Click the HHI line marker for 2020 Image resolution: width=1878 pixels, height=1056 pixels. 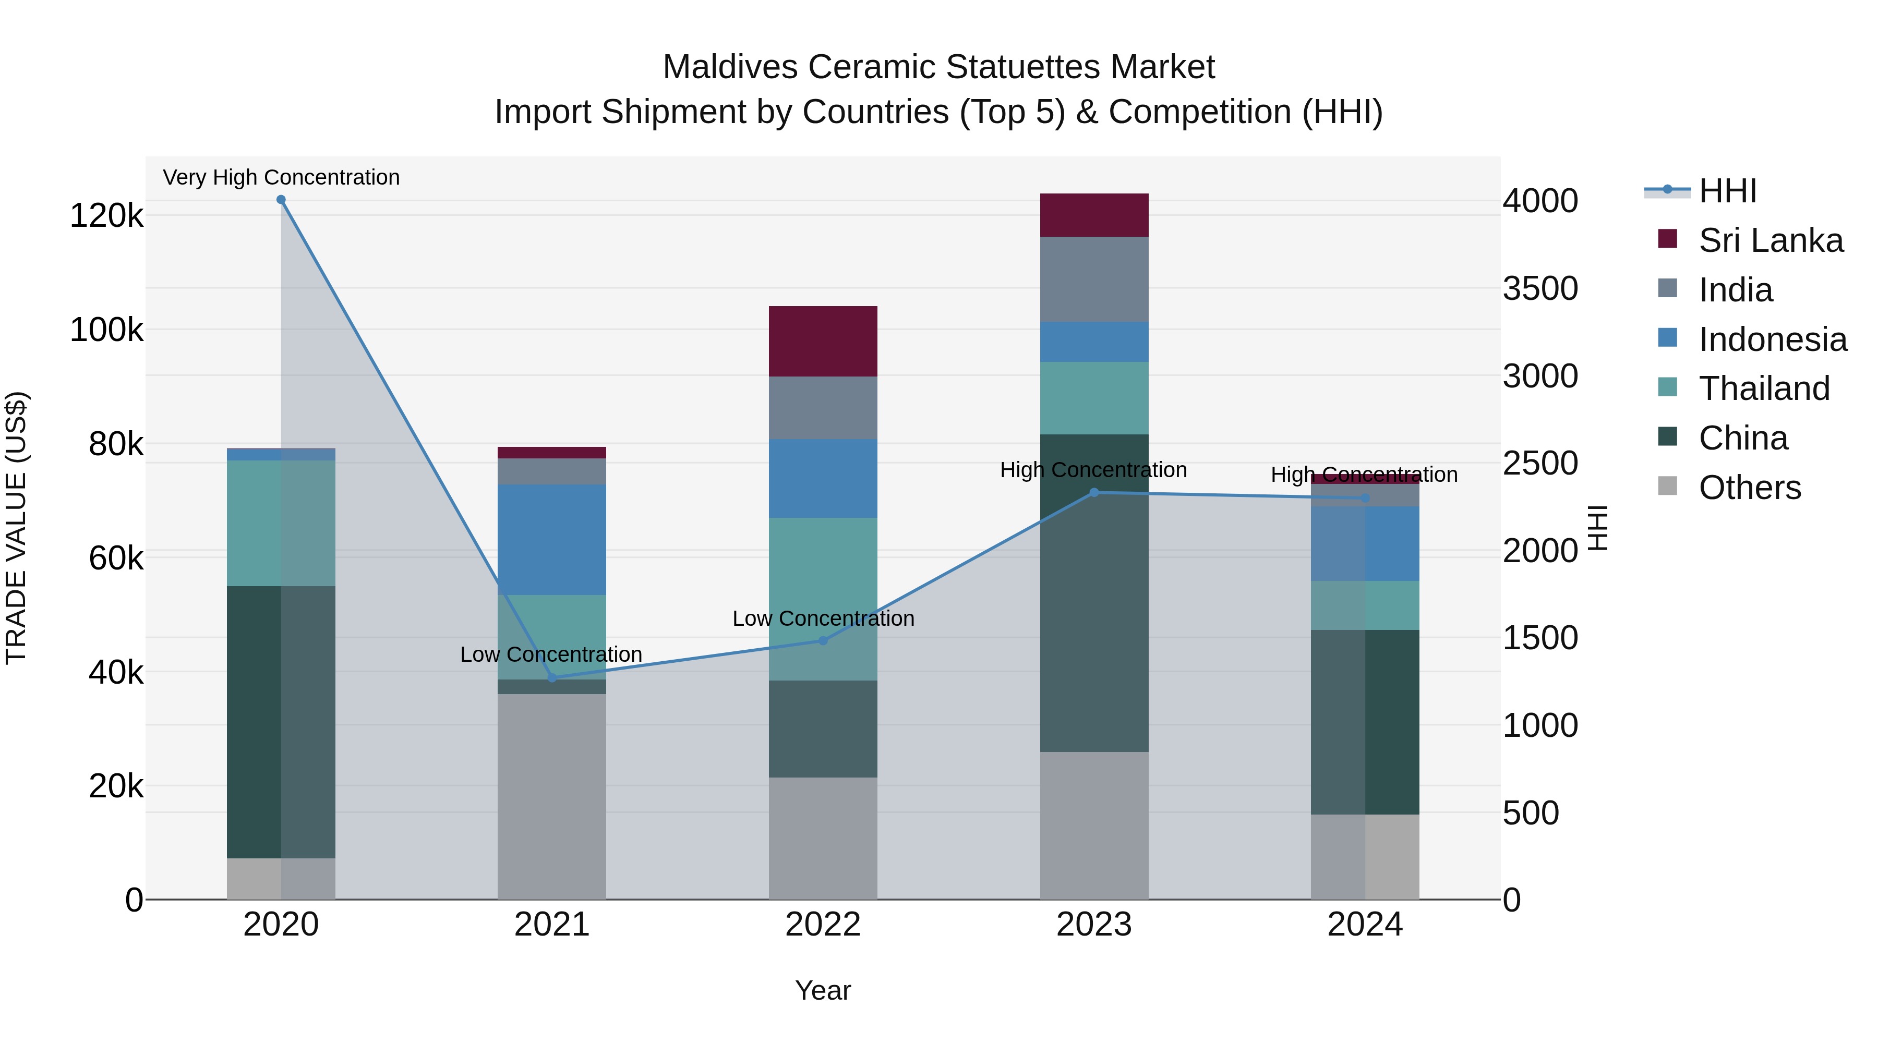[281, 200]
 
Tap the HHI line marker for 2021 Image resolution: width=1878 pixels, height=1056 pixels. [552, 678]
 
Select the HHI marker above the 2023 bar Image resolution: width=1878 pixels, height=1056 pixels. [1093, 493]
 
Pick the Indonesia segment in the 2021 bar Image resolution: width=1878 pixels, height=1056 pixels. [552, 539]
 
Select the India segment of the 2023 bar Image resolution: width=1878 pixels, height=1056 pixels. [1093, 279]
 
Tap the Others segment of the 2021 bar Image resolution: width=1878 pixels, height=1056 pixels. [552, 796]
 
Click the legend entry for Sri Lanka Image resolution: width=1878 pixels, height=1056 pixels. [1770, 240]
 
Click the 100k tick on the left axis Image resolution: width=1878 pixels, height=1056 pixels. [106, 330]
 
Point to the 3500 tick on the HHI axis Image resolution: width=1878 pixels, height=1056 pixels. [1540, 288]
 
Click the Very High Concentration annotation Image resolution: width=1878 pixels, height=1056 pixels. [281, 177]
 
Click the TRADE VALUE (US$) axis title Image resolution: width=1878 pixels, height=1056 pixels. [17, 528]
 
